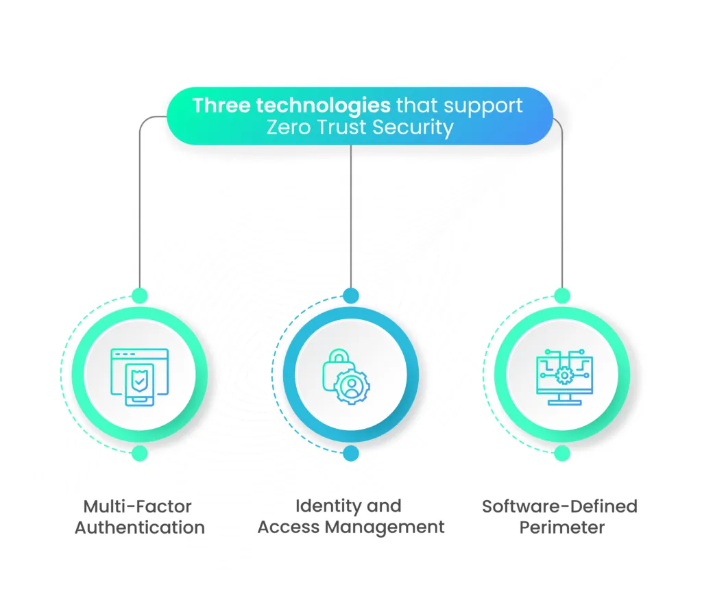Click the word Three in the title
(221, 105)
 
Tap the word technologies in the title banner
(323, 105)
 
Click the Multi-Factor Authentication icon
(139, 374)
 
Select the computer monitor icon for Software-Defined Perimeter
(562, 375)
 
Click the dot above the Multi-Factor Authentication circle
(139, 296)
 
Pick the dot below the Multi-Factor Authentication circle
(139, 453)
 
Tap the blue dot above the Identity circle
(351, 296)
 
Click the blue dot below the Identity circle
(351, 453)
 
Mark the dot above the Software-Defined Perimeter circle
(562, 296)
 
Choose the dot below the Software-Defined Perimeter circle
(562, 453)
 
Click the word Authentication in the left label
(139, 527)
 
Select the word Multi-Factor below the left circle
(138, 506)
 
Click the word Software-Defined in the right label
(559, 506)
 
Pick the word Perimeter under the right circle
(561, 527)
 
